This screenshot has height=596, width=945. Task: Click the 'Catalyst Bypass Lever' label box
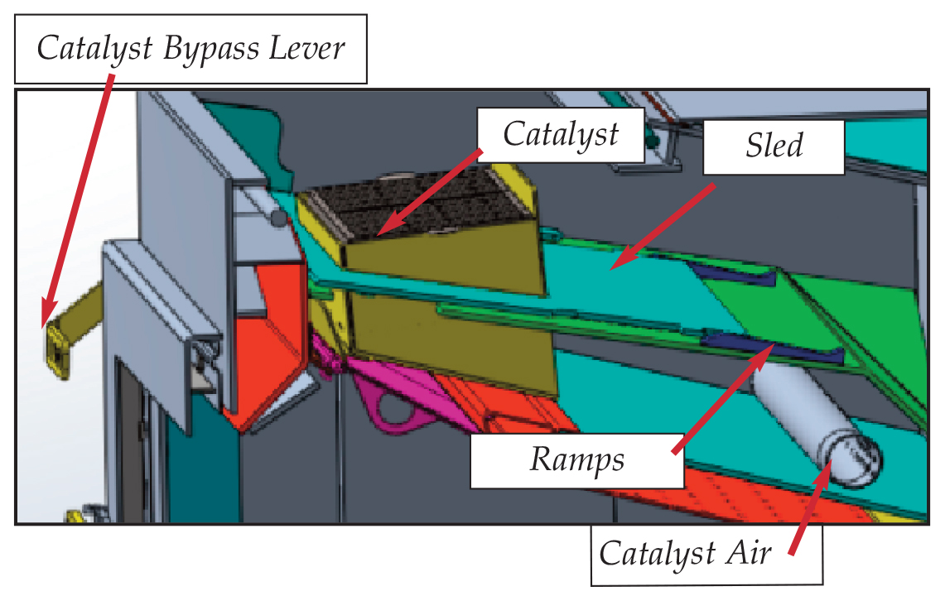tap(190, 49)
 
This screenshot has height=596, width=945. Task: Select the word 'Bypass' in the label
tap(211, 49)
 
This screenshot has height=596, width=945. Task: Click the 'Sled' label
tap(774, 147)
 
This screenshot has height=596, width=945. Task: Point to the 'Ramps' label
tap(577, 459)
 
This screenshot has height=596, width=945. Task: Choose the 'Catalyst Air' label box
tap(706, 552)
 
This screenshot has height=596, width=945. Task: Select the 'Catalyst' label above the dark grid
tap(561, 134)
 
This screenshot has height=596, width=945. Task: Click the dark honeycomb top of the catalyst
tap(422, 199)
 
